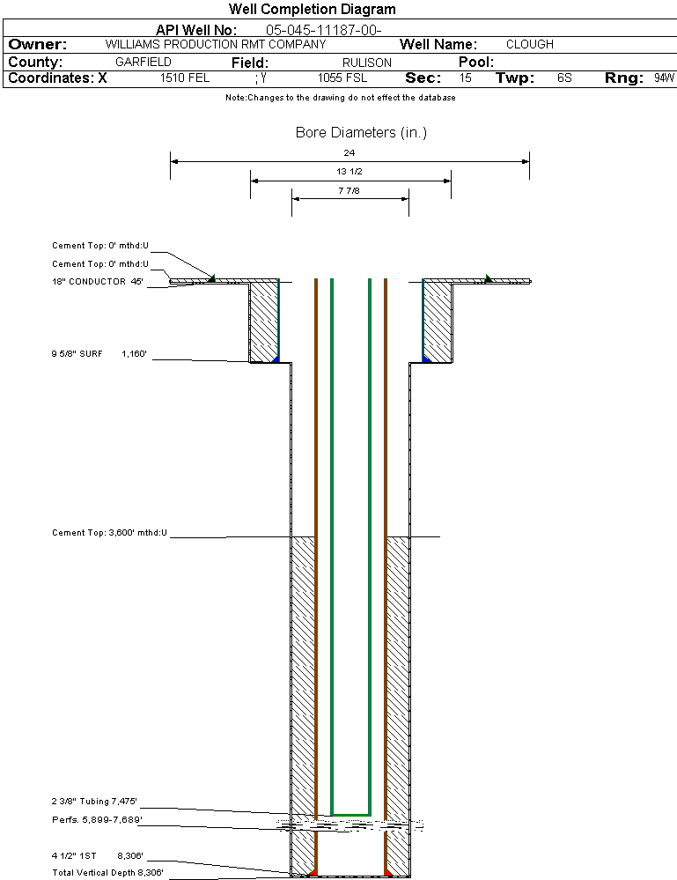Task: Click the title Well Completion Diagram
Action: [313, 10]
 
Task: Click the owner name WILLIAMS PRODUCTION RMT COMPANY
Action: [215, 44]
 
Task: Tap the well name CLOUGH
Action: [530, 44]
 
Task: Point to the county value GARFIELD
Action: [143, 63]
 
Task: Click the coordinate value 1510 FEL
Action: [185, 78]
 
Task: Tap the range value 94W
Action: [664, 78]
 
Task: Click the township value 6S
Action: [564, 78]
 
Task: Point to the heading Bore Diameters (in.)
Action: [361, 133]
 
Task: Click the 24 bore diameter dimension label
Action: [350, 152]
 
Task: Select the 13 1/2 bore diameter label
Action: [350, 171]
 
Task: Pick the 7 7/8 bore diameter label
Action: [350, 189]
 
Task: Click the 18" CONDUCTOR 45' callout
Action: [97, 282]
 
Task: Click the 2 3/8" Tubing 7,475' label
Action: [94, 802]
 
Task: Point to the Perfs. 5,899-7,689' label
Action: [97, 820]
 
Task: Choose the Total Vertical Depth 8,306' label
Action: [107, 873]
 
